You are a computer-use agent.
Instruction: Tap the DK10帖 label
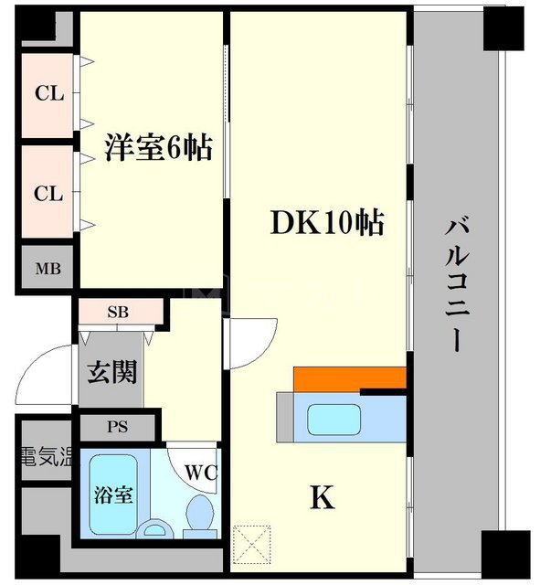click(x=325, y=222)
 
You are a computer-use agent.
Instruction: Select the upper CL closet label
click(x=48, y=93)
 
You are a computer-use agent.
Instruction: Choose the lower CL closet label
click(x=48, y=194)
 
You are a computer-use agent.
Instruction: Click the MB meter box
click(x=48, y=269)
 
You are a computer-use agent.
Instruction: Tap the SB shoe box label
click(x=118, y=312)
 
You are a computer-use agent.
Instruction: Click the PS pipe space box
click(x=116, y=426)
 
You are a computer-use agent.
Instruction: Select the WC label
click(x=200, y=473)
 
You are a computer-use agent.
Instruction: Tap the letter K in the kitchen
click(x=321, y=499)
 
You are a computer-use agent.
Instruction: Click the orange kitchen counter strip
click(x=349, y=378)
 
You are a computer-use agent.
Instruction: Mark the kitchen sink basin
click(x=334, y=419)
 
